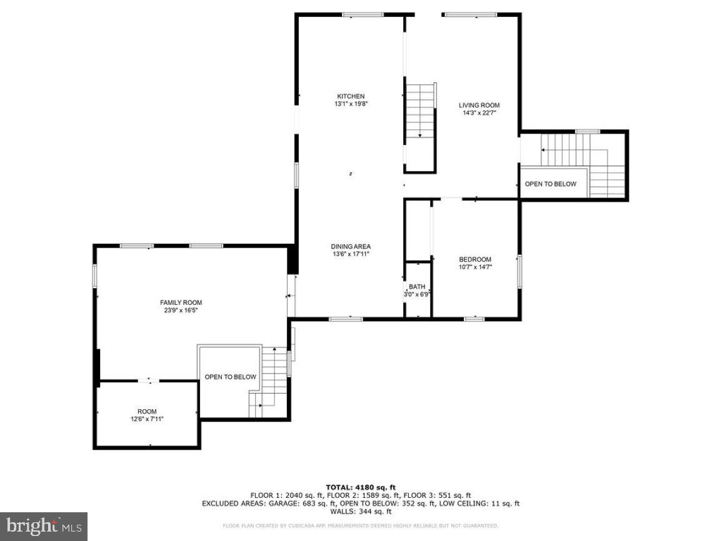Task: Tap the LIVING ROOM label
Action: pos(479,106)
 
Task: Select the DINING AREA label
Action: pos(351,246)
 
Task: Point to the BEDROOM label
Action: pos(475,259)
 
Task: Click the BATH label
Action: pos(417,287)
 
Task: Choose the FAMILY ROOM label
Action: pos(181,302)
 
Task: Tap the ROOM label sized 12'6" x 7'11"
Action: pos(148,411)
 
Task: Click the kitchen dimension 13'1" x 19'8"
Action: pos(351,104)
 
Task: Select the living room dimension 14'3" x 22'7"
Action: pos(479,114)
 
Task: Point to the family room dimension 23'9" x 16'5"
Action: pos(181,310)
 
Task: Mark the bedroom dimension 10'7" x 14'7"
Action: pos(475,267)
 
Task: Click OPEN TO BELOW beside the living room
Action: pos(550,184)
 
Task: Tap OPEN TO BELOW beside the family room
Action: pos(230,377)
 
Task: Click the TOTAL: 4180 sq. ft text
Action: pos(361,487)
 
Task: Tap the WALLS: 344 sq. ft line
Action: pos(361,511)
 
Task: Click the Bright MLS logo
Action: pos(43,526)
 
